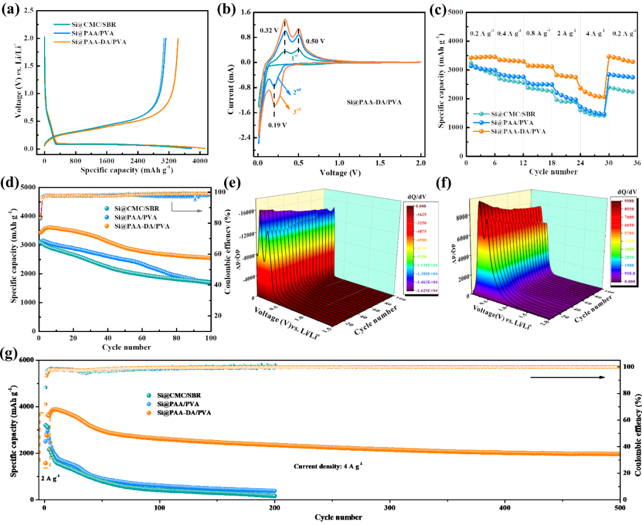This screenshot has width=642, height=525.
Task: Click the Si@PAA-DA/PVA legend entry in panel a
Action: coord(99,42)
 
